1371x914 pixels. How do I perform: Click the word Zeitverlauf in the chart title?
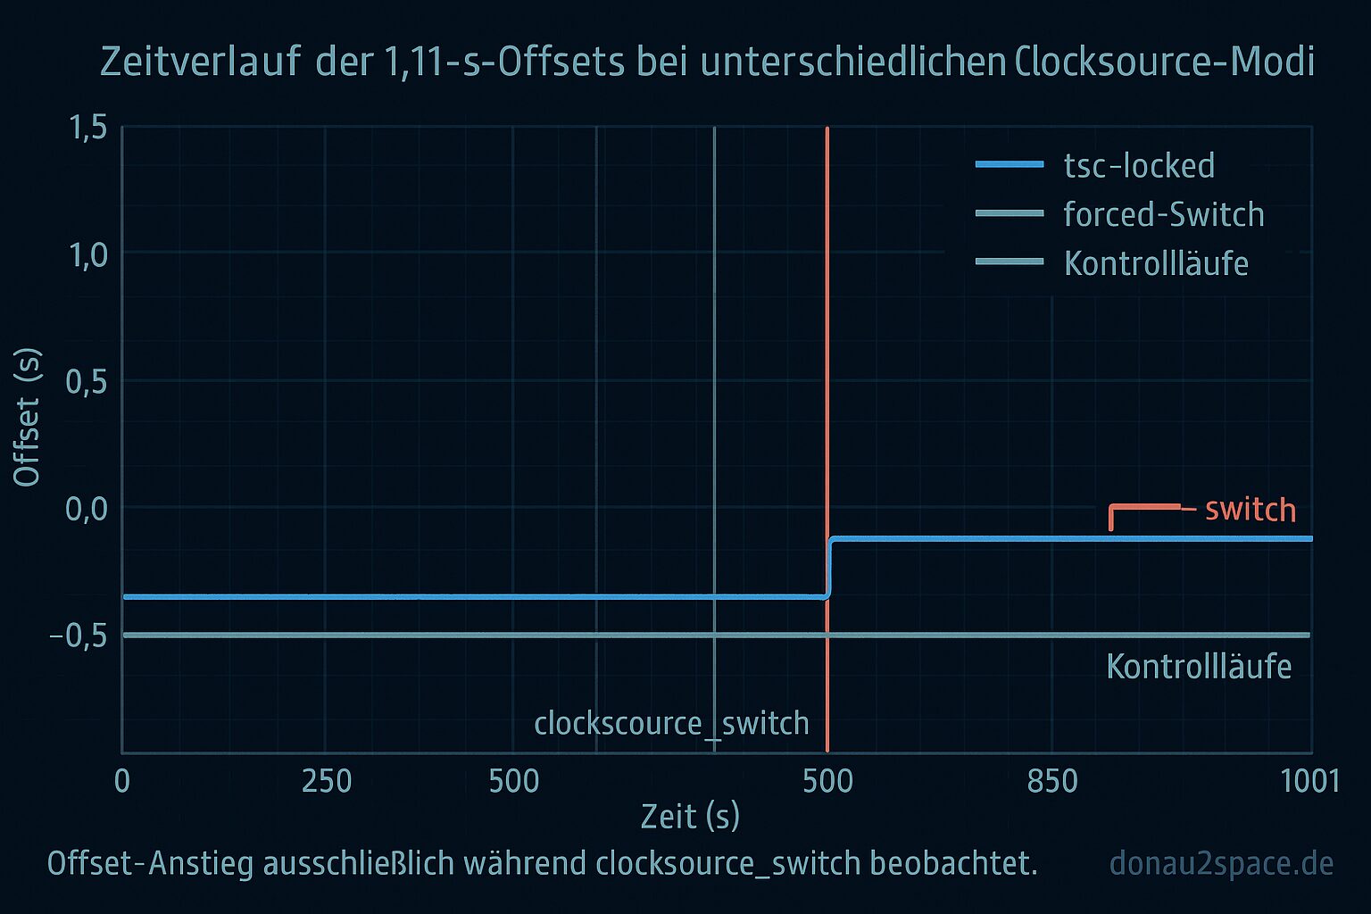pyautogui.click(x=200, y=62)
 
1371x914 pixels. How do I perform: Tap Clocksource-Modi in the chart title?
pyautogui.click(x=1164, y=62)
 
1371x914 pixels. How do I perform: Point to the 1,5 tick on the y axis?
pyautogui.click(x=87, y=129)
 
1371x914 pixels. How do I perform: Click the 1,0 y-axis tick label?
pyautogui.click(x=87, y=256)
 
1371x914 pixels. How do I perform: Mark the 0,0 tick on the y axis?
pyautogui.click(x=87, y=510)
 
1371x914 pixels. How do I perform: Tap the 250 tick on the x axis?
pyautogui.click(x=327, y=782)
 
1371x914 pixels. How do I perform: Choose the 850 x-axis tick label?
pyautogui.click(x=1052, y=782)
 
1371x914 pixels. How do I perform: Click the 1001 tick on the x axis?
pyautogui.click(x=1309, y=782)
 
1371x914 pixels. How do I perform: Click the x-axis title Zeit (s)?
pyautogui.click(x=690, y=817)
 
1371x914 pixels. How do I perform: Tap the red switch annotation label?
pyautogui.click(x=1250, y=510)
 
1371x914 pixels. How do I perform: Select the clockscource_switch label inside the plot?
pyautogui.click(x=671, y=723)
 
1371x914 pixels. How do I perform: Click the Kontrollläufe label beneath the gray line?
pyautogui.click(x=1199, y=667)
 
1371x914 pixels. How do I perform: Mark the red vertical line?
pyautogui.click(x=827, y=357)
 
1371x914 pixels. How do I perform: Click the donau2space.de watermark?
pyautogui.click(x=1221, y=864)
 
